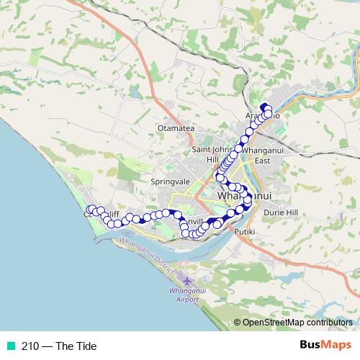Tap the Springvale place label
coord(169,182)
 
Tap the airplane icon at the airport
coord(188,280)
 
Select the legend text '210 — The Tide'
coord(58,346)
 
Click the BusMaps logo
coord(325,346)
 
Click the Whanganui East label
coord(260,154)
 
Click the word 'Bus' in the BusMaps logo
coord(311,346)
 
